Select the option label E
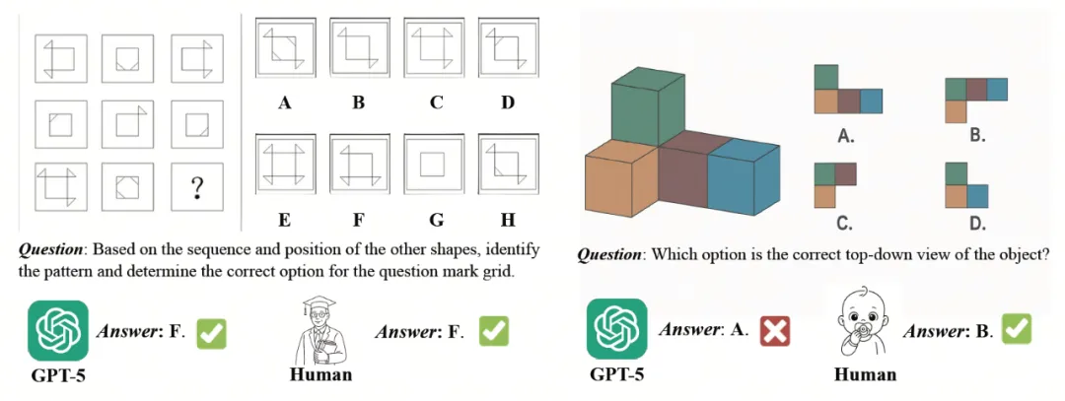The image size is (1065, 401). pyautogui.click(x=284, y=219)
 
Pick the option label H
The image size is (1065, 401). pyautogui.click(x=507, y=219)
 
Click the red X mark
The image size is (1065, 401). pyautogui.click(x=776, y=332)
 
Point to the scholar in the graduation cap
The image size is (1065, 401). pyautogui.click(x=319, y=331)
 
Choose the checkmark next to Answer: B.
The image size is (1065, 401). pyautogui.click(x=1017, y=329)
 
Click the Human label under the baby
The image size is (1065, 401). pyautogui.click(x=865, y=374)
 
